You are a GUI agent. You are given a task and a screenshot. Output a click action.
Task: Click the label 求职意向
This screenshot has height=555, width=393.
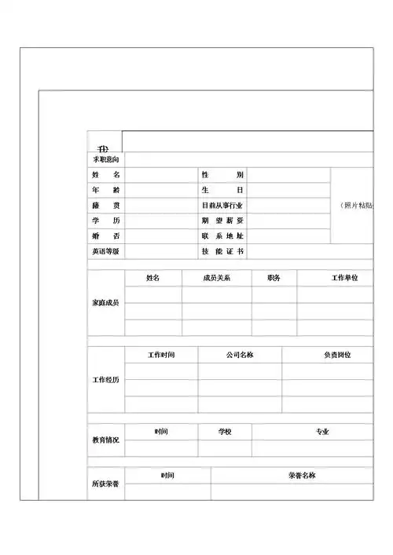coord(105,159)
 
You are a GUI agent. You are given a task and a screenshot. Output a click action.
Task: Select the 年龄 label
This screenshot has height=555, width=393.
coord(105,190)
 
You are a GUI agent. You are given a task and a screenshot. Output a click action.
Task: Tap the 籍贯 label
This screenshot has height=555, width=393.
coord(105,205)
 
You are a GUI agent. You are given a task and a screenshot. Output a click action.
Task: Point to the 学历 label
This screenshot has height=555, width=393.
coord(105,221)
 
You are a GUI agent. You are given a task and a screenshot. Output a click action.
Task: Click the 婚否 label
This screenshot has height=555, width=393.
coord(105,236)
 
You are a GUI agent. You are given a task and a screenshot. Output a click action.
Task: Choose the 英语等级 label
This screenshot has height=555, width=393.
coord(105,251)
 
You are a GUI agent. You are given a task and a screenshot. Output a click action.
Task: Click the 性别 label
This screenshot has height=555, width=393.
coord(222,174)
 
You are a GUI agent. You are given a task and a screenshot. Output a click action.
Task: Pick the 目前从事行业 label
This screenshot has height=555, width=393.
coord(222,205)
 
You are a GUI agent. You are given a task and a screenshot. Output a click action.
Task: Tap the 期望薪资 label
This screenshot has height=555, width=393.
coord(222,221)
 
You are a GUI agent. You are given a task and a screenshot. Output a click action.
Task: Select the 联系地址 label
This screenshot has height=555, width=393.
coord(222,236)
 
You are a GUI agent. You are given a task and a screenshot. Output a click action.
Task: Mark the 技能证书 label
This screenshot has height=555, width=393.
coord(222,251)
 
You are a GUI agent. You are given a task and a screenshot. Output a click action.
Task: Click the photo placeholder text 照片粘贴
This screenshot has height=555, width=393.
coord(358,205)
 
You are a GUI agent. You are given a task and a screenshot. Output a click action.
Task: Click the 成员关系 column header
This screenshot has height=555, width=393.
coord(216,278)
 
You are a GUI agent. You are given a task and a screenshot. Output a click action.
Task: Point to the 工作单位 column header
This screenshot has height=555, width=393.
coord(344,278)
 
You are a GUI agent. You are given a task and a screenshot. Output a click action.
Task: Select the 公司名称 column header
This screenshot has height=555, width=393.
coord(239,355)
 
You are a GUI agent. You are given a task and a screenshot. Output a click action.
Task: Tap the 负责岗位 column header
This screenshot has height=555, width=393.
coord(337,355)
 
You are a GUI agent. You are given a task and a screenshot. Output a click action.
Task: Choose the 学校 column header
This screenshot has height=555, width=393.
coord(226,431)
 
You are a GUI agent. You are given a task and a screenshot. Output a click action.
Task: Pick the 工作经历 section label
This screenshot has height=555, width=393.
coord(106,380)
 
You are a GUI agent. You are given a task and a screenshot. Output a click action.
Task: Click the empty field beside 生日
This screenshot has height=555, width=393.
coord(288,190)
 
